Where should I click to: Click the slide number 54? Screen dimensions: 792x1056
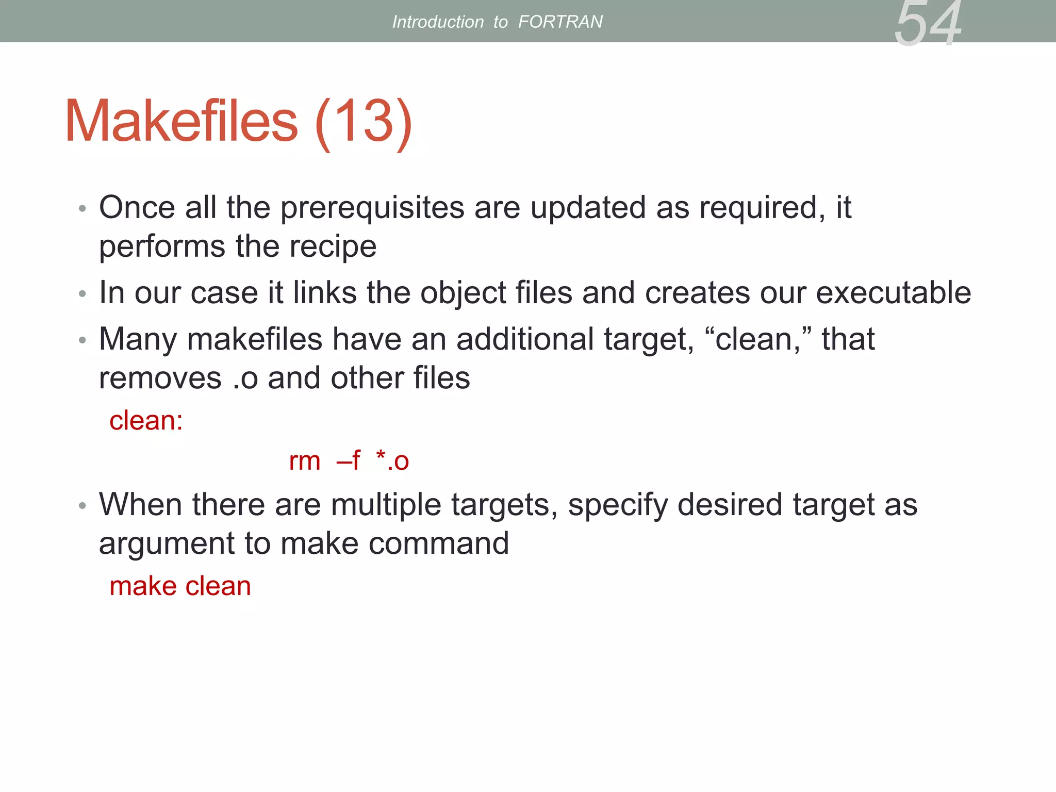click(928, 24)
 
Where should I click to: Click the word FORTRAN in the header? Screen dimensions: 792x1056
click(560, 22)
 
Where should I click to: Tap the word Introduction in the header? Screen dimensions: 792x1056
click(438, 22)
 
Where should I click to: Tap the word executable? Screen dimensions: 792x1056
click(893, 293)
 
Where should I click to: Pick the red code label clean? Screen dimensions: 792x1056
click(146, 420)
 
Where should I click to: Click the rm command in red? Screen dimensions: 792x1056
click(304, 461)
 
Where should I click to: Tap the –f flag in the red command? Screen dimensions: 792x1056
click(349, 460)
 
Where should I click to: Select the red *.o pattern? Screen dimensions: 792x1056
click(392, 460)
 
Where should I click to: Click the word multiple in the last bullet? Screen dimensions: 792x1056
click(386, 505)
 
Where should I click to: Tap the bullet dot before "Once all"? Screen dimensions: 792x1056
click(82, 209)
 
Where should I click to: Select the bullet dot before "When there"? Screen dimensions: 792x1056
click(82, 506)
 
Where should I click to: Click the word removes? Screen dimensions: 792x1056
click(160, 378)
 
